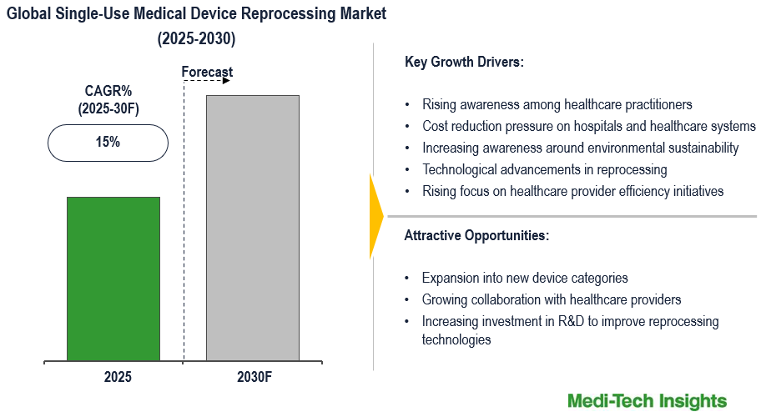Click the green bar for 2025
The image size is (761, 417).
click(113, 279)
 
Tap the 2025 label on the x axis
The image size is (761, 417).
click(118, 377)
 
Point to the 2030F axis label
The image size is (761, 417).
click(255, 377)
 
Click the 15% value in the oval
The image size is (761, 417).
click(108, 142)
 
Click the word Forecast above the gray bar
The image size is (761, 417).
click(207, 73)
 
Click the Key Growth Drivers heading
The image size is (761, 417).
click(464, 63)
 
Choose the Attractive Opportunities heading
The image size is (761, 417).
click(476, 235)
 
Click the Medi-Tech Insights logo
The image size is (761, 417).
click(647, 401)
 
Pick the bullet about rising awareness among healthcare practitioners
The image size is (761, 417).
click(557, 105)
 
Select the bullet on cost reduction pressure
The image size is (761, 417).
click(588, 127)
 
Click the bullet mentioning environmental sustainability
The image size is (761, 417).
click(580, 148)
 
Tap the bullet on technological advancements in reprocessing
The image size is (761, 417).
click(544, 170)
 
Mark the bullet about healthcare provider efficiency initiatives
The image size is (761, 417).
click(572, 192)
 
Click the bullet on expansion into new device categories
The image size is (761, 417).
click(524, 279)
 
